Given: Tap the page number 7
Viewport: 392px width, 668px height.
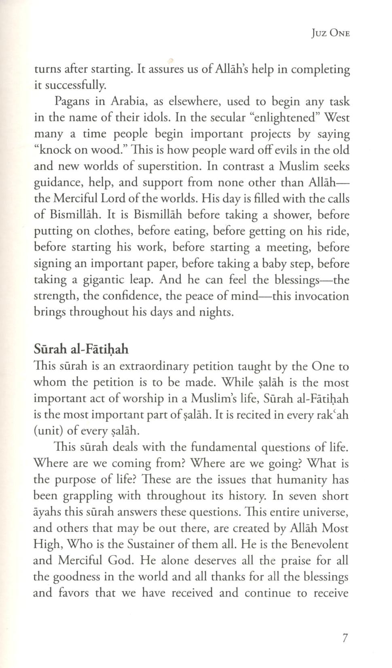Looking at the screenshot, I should pyautogui.click(x=345, y=638).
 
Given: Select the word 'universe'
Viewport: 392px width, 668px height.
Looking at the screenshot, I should pyautogui.click(x=324, y=512).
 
